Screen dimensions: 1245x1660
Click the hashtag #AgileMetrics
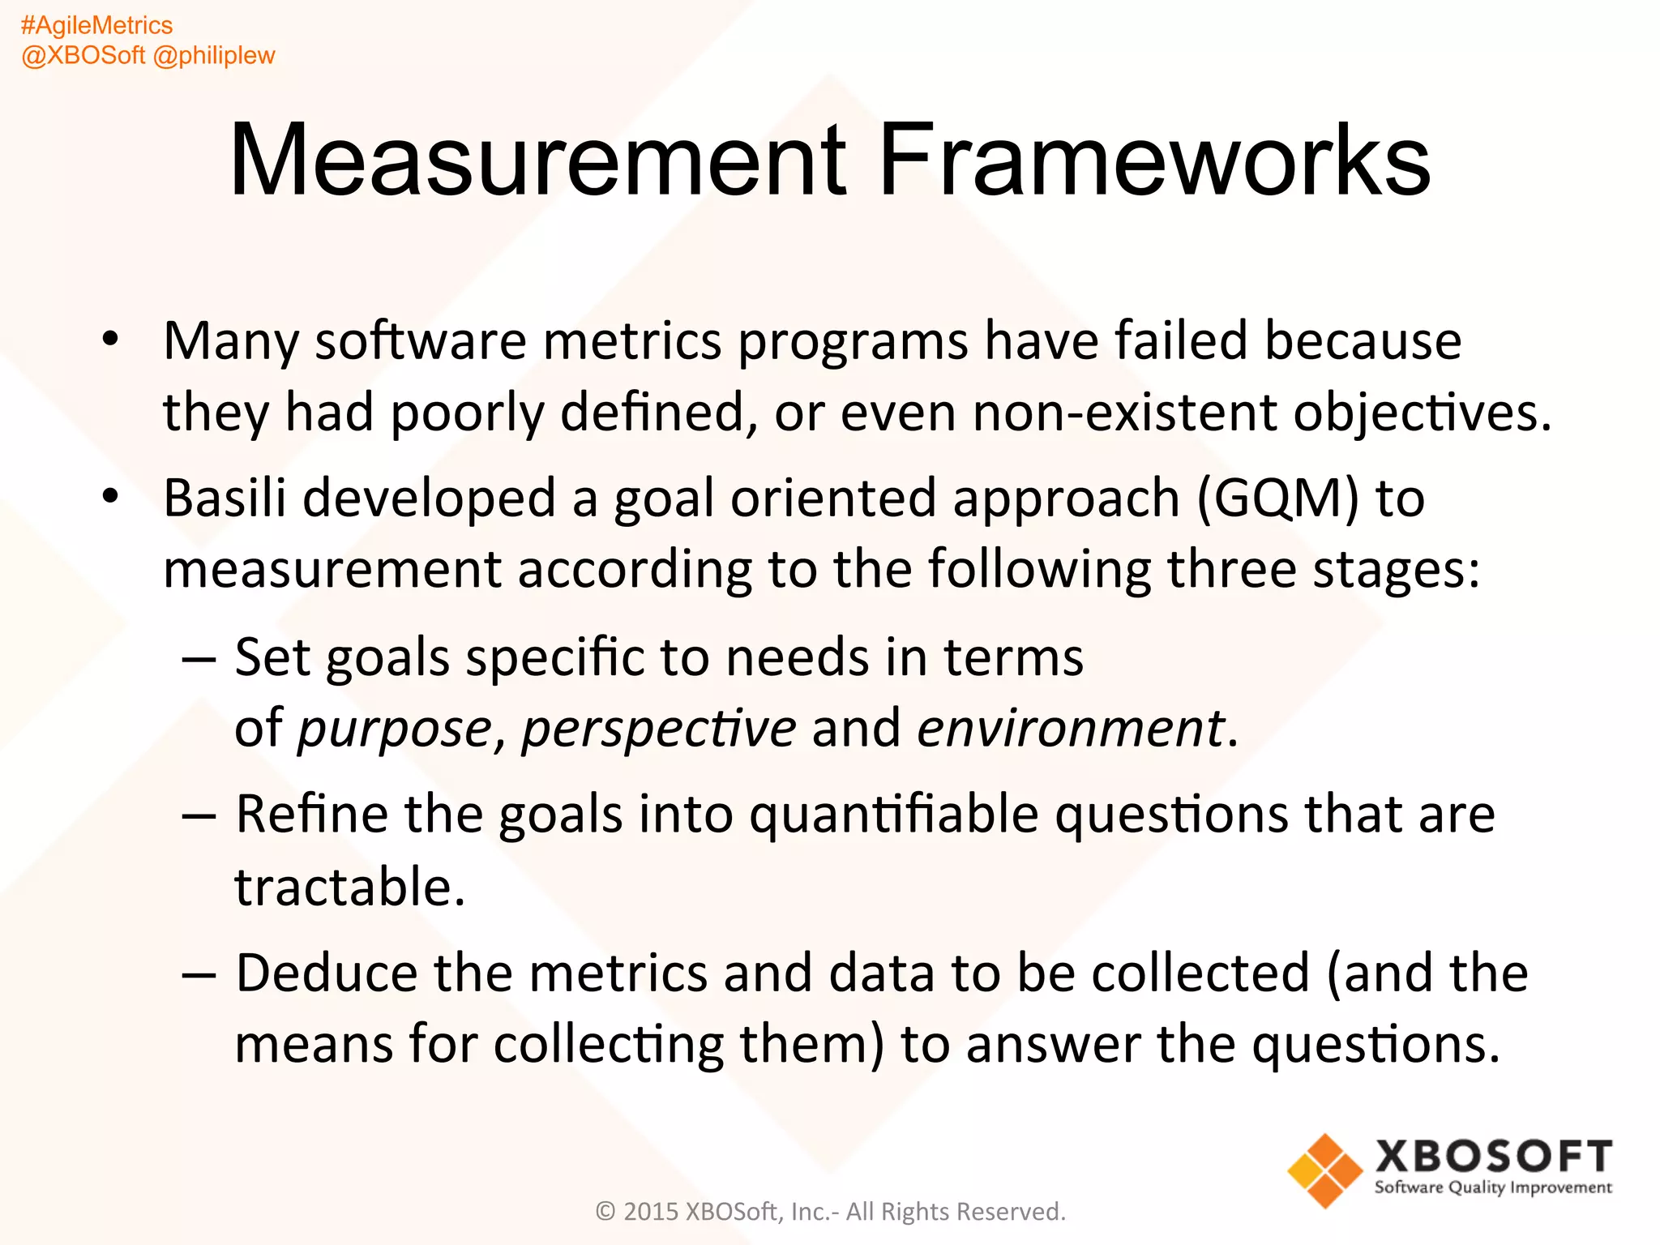pos(96,26)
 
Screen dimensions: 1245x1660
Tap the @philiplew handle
pos(214,56)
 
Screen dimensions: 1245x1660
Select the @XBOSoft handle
pos(83,56)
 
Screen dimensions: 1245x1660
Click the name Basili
pos(225,498)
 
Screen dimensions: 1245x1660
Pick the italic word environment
pos(1070,728)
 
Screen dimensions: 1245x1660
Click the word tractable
pos(349,887)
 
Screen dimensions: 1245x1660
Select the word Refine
pos(312,815)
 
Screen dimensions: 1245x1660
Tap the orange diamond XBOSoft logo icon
pos(1324,1170)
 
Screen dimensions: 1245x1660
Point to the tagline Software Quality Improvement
pos(1493,1188)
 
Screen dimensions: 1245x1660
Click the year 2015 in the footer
pos(650,1212)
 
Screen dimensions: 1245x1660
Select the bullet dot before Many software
pos(111,339)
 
